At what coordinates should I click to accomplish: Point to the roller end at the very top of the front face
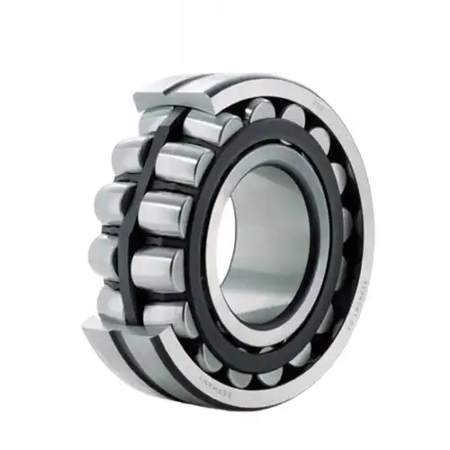262,109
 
